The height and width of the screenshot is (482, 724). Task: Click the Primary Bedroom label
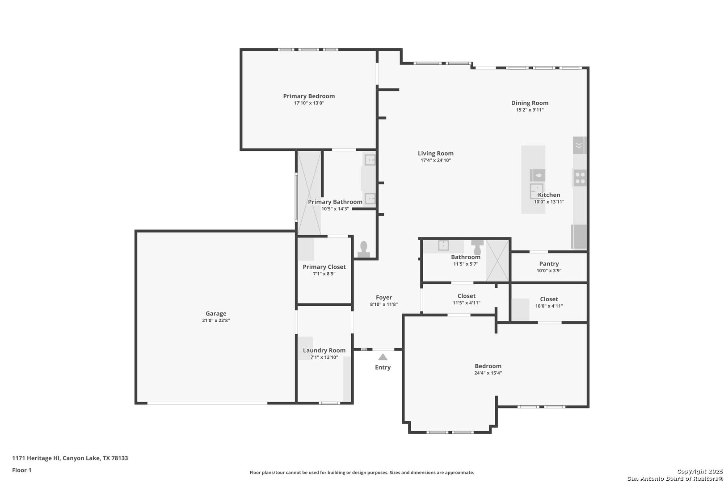[309, 96]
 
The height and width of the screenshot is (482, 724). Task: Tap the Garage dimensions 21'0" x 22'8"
[216, 320]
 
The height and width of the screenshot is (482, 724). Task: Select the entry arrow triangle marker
[383, 357]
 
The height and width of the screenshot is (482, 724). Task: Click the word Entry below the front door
[383, 367]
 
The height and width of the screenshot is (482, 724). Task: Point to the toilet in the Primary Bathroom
[364, 249]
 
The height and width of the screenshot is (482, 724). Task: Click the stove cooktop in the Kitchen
[580, 178]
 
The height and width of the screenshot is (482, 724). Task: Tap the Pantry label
[549, 264]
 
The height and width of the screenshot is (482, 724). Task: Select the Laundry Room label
[324, 350]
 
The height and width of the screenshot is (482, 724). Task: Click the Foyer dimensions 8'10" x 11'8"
[383, 304]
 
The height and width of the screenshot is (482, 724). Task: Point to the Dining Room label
[530, 103]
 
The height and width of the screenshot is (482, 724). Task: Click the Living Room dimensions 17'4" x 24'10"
[435, 160]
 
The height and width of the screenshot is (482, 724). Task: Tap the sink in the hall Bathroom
[443, 245]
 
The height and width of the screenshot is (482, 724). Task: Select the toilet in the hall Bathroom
[477, 247]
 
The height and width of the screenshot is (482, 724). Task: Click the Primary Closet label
[324, 267]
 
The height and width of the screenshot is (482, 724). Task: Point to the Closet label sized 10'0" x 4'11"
[549, 299]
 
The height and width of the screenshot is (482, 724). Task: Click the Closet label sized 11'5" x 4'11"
[467, 296]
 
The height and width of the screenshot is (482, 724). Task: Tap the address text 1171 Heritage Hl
[36, 458]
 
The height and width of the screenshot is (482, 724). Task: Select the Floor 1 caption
[21, 470]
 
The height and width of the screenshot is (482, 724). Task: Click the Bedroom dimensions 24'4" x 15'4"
[488, 373]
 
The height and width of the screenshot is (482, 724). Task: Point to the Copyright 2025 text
[700, 471]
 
